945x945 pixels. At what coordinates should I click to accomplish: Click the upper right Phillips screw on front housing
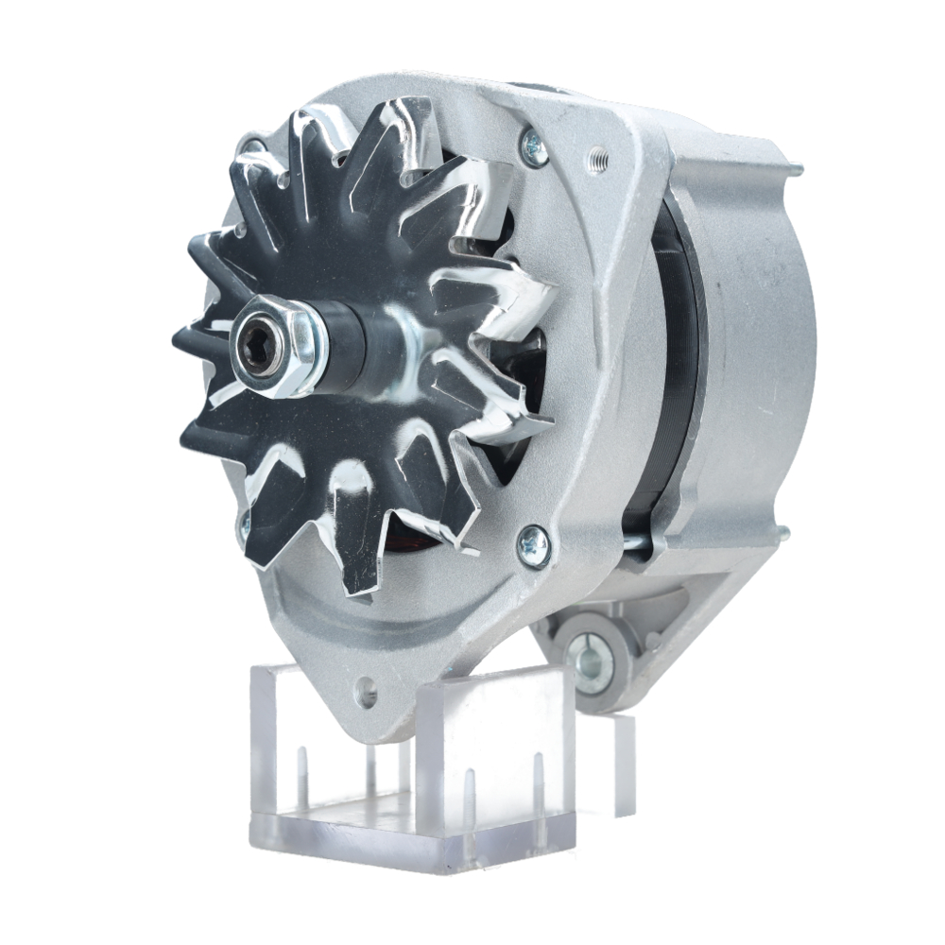(x=535, y=147)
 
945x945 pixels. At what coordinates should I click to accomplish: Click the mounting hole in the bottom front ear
(x=365, y=697)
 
